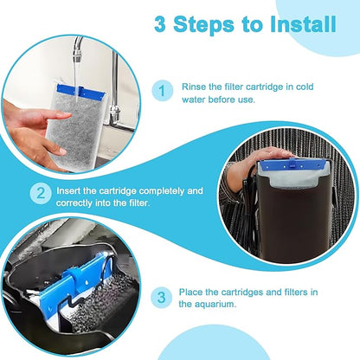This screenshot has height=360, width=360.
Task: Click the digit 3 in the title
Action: coord(164,24)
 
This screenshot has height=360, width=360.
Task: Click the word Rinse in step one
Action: coord(196,87)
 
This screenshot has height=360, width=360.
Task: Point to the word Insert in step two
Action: coord(72,190)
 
